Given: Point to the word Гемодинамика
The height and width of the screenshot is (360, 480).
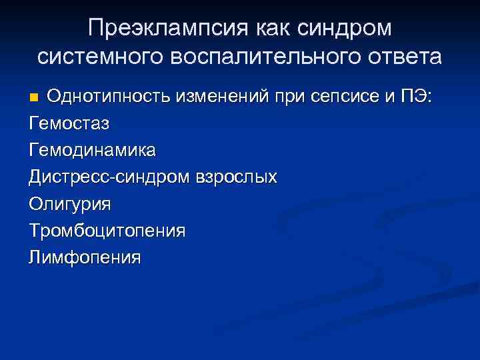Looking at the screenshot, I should click(92, 150).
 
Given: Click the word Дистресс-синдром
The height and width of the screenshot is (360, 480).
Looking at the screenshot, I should click(110, 177).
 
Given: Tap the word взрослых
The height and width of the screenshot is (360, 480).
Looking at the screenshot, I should click(235, 177).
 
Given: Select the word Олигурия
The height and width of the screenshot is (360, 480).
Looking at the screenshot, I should click(70, 204).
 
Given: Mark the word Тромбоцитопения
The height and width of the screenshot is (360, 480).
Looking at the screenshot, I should click(107, 231).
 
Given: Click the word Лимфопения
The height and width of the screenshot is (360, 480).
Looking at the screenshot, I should click(85, 257).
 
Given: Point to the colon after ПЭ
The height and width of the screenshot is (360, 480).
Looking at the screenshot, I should click(430, 97).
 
